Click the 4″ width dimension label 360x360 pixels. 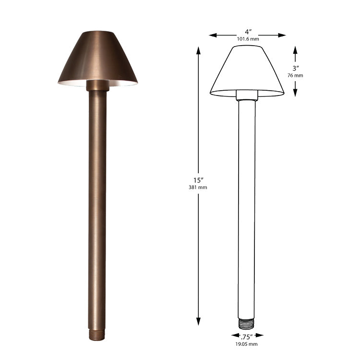coord(248,31)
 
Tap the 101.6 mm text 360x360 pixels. coord(248,39)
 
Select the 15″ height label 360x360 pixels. coord(198,180)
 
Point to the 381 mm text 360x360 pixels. coord(198,187)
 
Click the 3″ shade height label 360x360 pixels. coord(296,68)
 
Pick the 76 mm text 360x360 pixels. coord(296,75)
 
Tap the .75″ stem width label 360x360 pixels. coord(247,337)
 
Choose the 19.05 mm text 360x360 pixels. coord(247,344)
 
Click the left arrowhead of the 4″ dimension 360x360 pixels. coord(213,35)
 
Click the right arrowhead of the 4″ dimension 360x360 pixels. coord(282,35)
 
